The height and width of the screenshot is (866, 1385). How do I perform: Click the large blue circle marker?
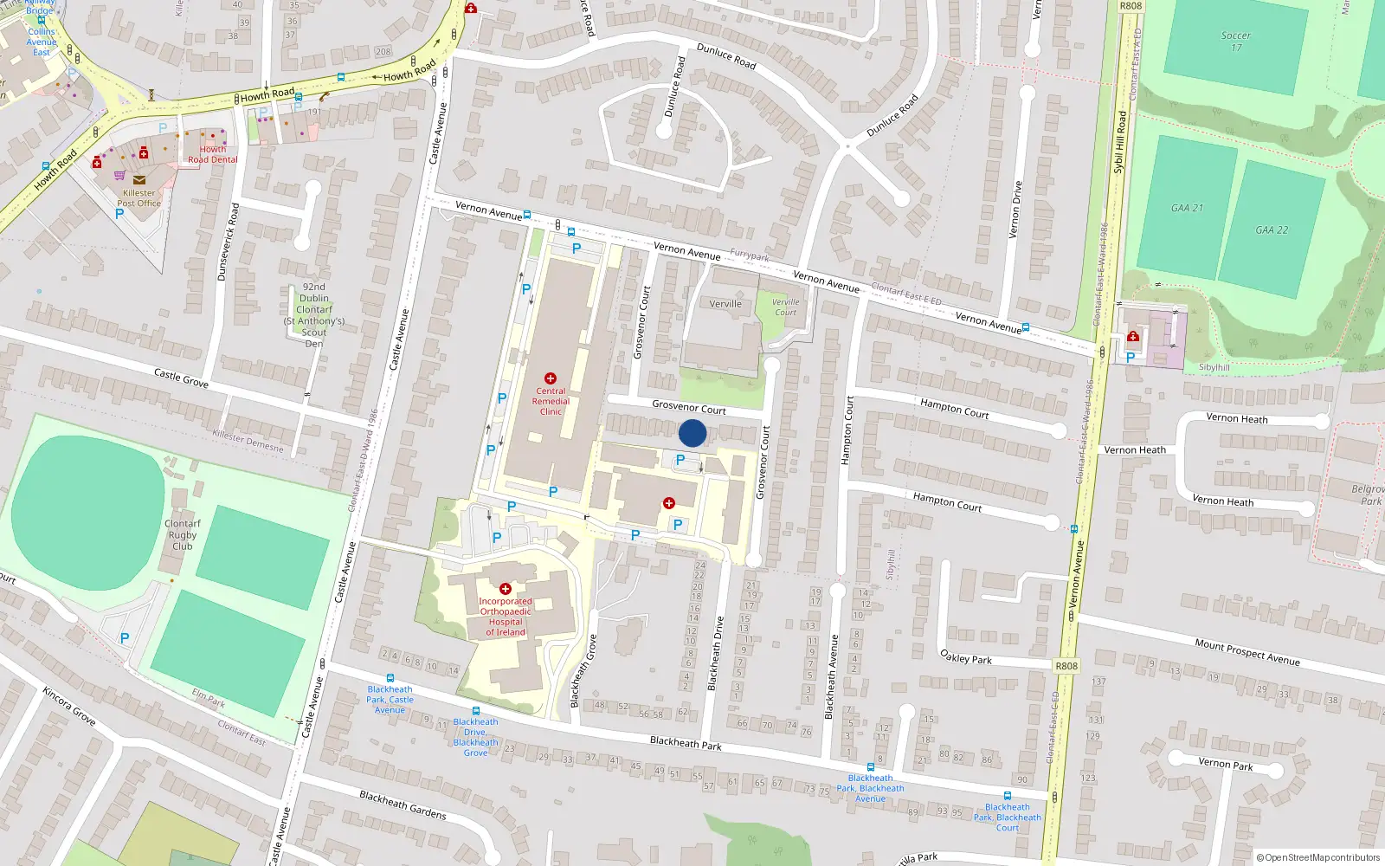(692, 433)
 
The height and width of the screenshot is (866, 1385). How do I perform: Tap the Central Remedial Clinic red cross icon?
(550, 378)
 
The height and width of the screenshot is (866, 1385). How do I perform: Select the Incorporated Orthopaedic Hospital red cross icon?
(506, 589)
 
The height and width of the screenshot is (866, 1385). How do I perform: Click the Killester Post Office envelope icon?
(139, 180)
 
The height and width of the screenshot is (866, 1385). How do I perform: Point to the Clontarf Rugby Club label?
(182, 534)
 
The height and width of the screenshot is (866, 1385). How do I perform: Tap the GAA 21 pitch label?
(1187, 208)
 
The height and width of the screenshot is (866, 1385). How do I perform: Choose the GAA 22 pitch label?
(1272, 229)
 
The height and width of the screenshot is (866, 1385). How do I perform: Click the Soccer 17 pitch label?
(1236, 42)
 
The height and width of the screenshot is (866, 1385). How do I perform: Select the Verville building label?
(725, 304)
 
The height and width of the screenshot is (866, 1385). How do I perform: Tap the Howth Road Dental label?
(213, 154)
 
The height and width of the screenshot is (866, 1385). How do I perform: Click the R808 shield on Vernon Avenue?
(1066, 666)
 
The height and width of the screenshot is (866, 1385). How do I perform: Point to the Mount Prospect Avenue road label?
(1247, 651)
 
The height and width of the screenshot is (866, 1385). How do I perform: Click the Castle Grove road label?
(181, 378)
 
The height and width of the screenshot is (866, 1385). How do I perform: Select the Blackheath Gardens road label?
(403, 805)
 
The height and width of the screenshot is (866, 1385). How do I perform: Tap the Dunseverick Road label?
(228, 242)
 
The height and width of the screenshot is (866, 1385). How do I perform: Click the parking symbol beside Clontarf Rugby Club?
(125, 638)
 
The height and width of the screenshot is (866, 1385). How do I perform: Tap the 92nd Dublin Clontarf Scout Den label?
(314, 314)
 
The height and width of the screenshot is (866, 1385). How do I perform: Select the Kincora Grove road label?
(68, 706)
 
